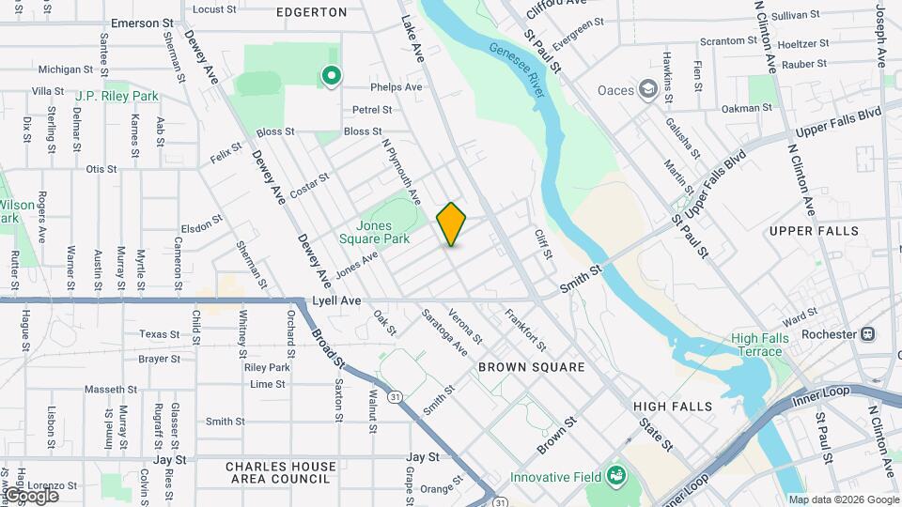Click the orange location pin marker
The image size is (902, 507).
[451, 223]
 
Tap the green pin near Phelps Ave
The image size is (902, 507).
[331, 75]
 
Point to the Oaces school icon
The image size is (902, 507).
[647, 90]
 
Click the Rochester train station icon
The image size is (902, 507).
[868, 333]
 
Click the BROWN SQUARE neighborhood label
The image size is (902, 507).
[531, 367]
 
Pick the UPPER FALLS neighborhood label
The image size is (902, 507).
[814, 231]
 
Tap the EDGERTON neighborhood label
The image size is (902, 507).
[312, 12]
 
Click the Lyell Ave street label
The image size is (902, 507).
[337, 300]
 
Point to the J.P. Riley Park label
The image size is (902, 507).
[117, 96]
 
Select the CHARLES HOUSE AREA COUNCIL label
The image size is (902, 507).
[280, 473]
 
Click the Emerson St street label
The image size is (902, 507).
[143, 22]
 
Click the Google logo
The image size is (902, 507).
[30, 495]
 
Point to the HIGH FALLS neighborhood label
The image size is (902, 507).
[673, 407]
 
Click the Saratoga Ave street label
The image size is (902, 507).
[444, 331]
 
